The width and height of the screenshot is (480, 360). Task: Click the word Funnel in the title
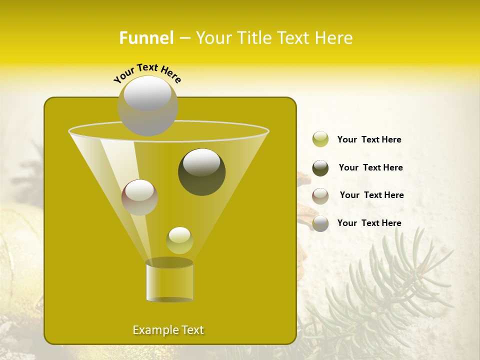[x=146, y=38]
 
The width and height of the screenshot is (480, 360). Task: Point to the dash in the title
[x=184, y=38]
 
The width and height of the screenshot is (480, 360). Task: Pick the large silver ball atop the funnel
[x=148, y=105]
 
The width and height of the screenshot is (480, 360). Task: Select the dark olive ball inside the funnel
[x=202, y=172]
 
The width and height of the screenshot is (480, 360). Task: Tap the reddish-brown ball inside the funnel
[x=139, y=197]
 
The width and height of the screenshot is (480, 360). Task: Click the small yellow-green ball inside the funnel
[x=179, y=240]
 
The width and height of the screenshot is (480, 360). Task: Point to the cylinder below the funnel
[x=169, y=281]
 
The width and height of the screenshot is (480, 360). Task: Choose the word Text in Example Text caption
[x=192, y=330]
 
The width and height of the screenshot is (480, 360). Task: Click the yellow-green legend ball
[x=320, y=139]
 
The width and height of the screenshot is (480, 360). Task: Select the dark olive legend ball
[x=320, y=168]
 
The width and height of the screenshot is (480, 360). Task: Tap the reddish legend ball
[x=320, y=196]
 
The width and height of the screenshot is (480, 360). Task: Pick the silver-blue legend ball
[x=320, y=223]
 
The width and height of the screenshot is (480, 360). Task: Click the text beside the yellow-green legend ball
[x=369, y=139]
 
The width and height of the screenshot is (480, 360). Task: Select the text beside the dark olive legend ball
[x=370, y=167]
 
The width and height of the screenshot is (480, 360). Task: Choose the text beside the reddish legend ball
[x=371, y=195]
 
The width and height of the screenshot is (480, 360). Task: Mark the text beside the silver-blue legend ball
[x=369, y=223]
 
